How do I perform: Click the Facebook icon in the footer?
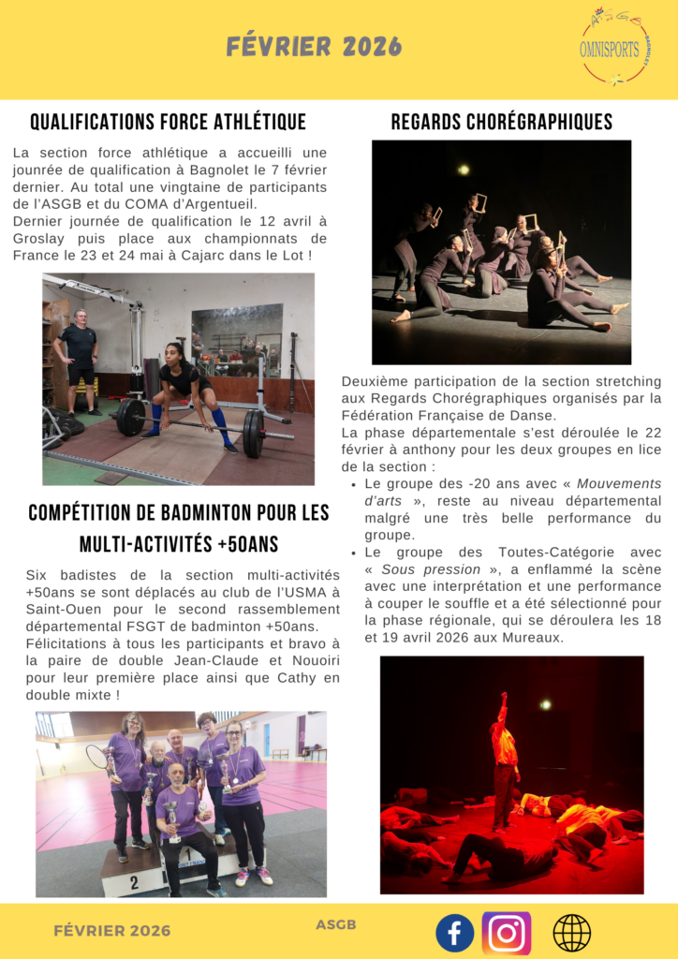tap(455, 933)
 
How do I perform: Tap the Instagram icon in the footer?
tap(507, 933)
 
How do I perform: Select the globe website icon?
tap(571, 933)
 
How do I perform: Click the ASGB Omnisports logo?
tap(614, 47)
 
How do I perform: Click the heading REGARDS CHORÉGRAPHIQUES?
tap(501, 122)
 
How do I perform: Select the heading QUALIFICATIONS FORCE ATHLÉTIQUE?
tap(168, 122)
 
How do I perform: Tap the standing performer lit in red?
tap(506, 749)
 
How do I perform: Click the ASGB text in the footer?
tap(336, 925)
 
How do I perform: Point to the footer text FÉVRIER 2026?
tap(112, 930)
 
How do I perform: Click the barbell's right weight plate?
tap(253, 433)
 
